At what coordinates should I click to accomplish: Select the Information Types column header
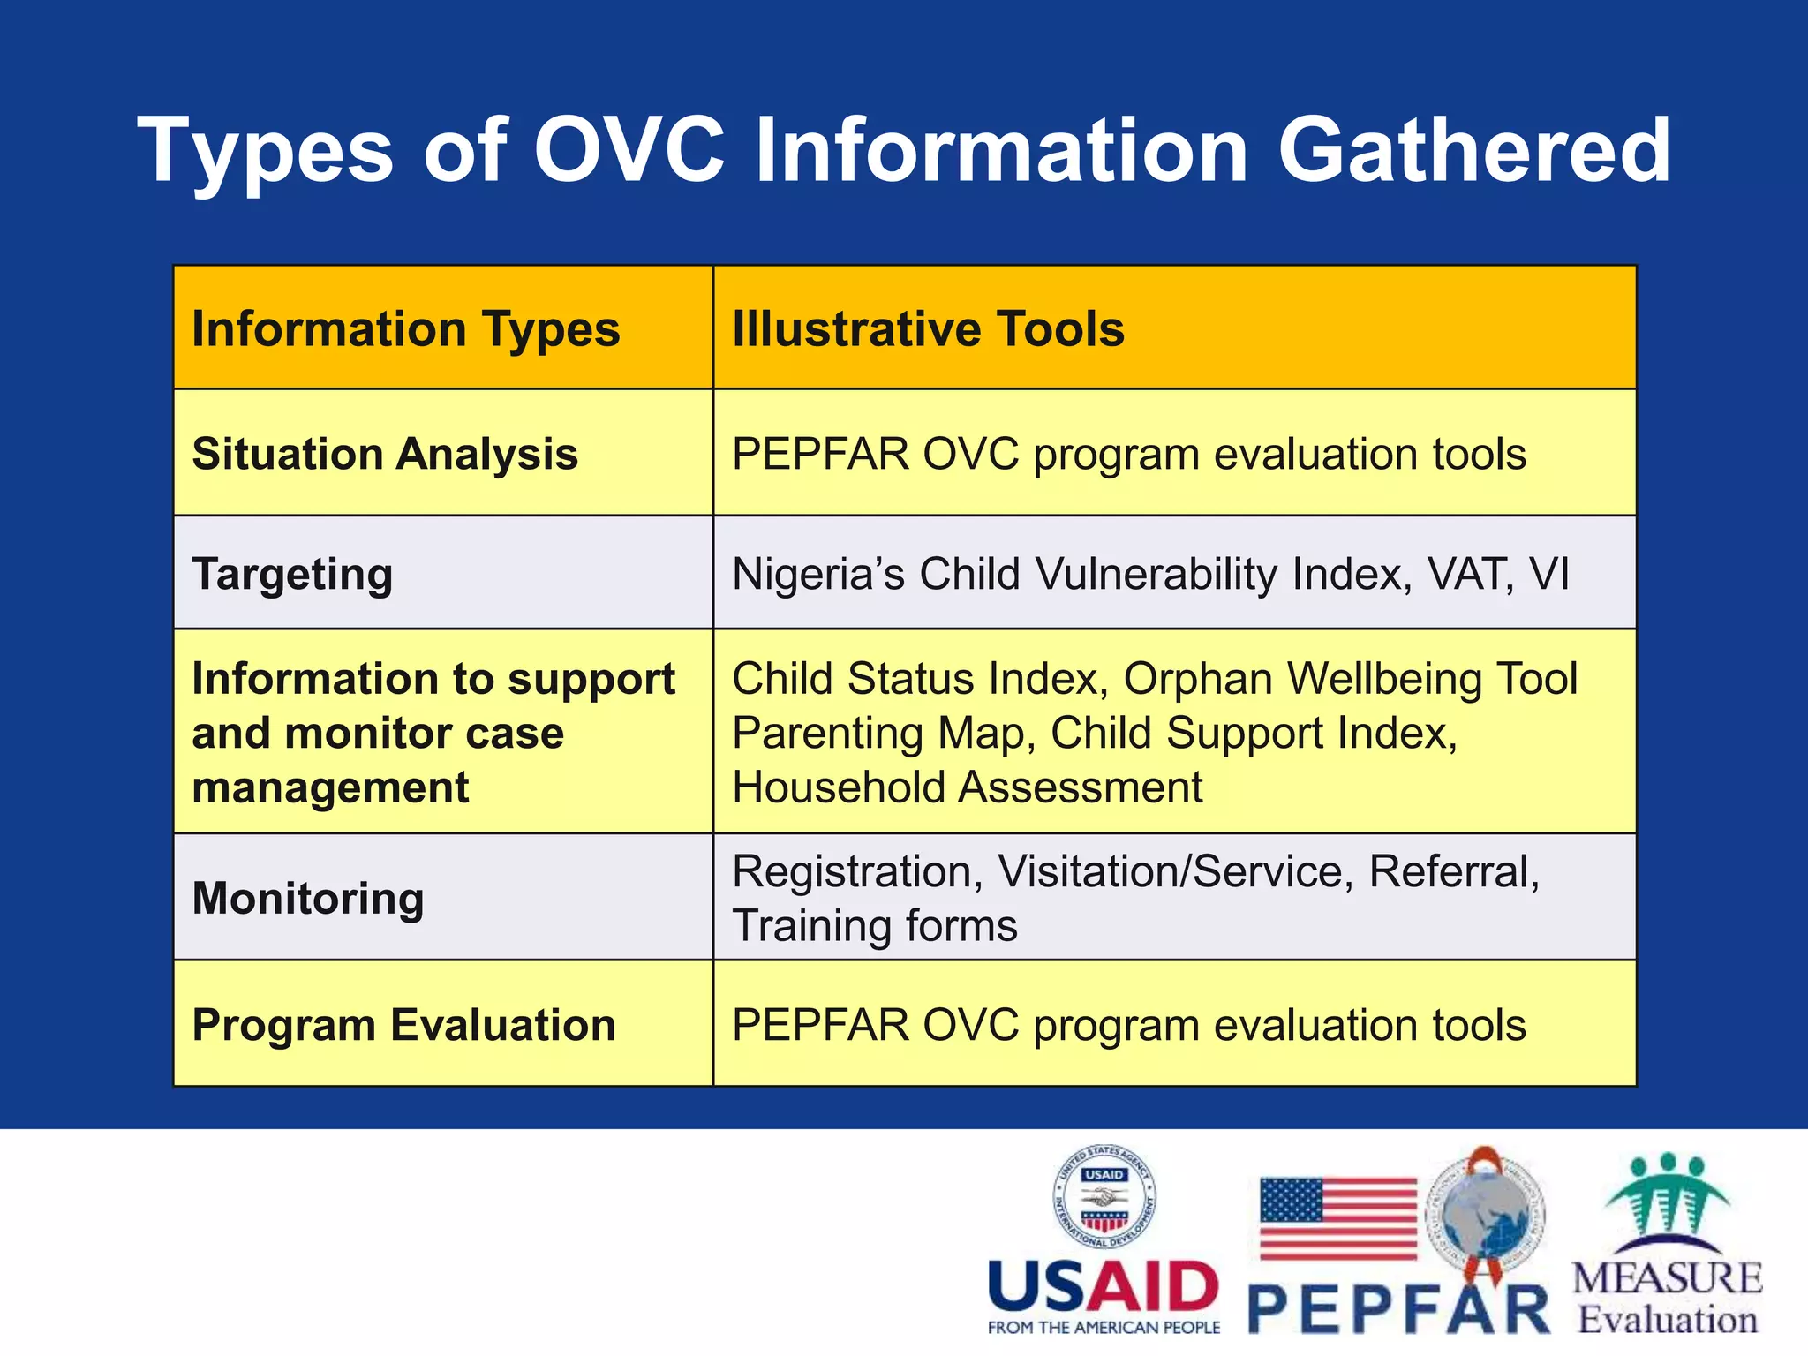(x=405, y=329)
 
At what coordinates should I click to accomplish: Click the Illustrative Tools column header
(x=928, y=329)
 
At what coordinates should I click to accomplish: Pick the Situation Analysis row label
(x=385, y=455)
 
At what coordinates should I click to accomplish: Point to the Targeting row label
(x=292, y=575)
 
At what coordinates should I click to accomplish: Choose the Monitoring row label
(x=308, y=899)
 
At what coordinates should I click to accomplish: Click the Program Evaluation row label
(x=403, y=1025)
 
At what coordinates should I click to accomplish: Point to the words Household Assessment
(x=967, y=787)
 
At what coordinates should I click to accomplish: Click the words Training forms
(x=874, y=926)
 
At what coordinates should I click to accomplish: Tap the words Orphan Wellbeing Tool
(x=1350, y=679)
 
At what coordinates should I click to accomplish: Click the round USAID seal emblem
(x=1104, y=1198)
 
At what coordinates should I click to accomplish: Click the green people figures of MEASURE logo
(x=1667, y=1196)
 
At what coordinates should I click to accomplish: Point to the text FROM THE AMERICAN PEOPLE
(x=1104, y=1328)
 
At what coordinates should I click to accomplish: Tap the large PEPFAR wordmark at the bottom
(x=1398, y=1310)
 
